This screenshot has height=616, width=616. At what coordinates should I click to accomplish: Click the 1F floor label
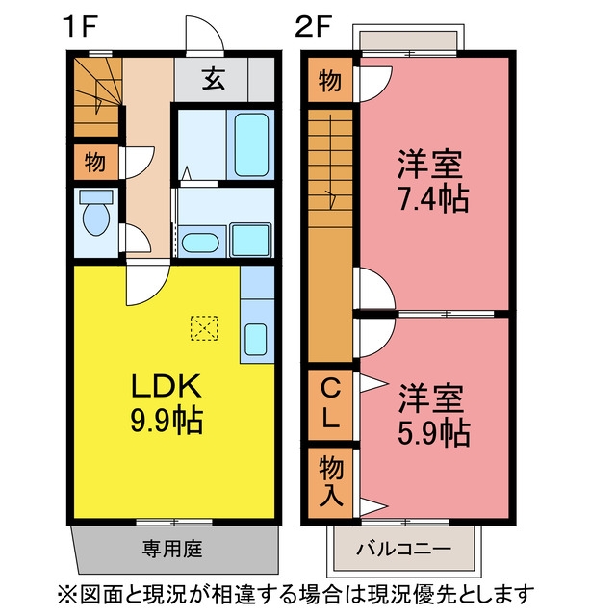[x=82, y=26]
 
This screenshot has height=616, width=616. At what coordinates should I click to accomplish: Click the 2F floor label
[x=313, y=26]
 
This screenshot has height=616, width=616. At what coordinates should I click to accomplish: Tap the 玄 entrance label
[x=214, y=79]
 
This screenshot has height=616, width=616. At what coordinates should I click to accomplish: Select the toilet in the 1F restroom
[x=96, y=213]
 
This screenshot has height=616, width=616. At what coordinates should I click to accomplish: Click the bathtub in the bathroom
[x=251, y=144]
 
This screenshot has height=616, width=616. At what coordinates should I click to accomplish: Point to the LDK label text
[x=167, y=385]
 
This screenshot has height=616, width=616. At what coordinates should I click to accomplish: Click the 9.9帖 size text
[x=167, y=420]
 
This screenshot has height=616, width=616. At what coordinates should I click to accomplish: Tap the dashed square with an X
[x=204, y=328]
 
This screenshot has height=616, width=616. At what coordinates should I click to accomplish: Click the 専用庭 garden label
[x=172, y=549]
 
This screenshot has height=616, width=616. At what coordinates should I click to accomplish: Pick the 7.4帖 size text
[x=433, y=199]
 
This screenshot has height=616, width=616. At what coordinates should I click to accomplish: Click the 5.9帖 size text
[x=434, y=433]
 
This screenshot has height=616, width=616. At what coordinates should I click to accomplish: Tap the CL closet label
[x=330, y=404]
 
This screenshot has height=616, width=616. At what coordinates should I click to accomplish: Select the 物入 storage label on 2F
[x=331, y=481]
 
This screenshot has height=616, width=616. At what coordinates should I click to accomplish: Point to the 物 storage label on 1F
[x=95, y=162]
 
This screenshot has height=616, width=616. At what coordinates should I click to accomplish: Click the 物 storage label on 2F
[x=330, y=81]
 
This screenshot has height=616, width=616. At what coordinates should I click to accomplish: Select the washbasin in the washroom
[x=200, y=243]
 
